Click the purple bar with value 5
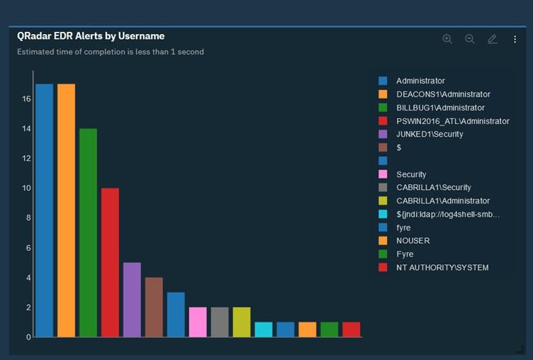click(x=132, y=300)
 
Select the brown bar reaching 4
click(x=154, y=307)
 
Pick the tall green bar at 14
click(x=88, y=232)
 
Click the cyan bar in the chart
click(x=263, y=330)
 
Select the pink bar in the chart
click(x=198, y=322)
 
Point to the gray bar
click(x=220, y=322)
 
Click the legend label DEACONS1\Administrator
click(x=443, y=94)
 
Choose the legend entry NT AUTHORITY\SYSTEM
click(x=442, y=268)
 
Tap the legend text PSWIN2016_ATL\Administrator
click(x=452, y=121)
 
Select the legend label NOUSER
click(x=413, y=241)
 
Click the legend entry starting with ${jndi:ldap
click(x=448, y=215)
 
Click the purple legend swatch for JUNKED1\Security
click(x=383, y=134)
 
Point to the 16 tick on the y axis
click(x=26, y=99)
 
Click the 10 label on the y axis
click(x=26, y=189)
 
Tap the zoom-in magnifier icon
click(x=447, y=39)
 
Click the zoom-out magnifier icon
click(x=470, y=39)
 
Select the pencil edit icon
click(x=493, y=39)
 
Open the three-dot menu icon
click(x=515, y=40)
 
